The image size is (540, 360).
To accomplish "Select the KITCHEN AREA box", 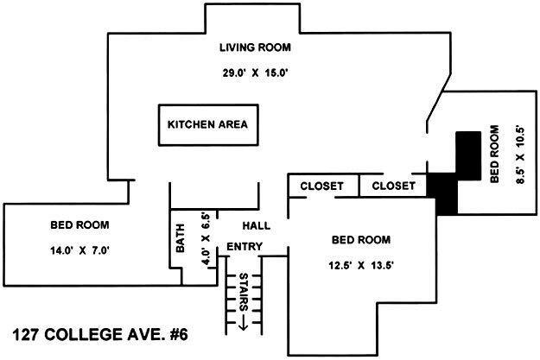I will (x=207, y=125).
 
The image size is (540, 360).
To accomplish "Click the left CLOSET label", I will (x=322, y=186).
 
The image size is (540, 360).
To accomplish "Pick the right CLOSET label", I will (x=393, y=186).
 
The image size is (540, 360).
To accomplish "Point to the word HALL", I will (x=256, y=225).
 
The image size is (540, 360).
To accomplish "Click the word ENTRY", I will (x=245, y=248).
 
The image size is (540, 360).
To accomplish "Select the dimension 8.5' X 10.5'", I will (x=518, y=165).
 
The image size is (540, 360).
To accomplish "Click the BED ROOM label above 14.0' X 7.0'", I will (x=79, y=225).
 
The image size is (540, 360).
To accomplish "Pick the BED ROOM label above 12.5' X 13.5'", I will (x=361, y=239).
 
